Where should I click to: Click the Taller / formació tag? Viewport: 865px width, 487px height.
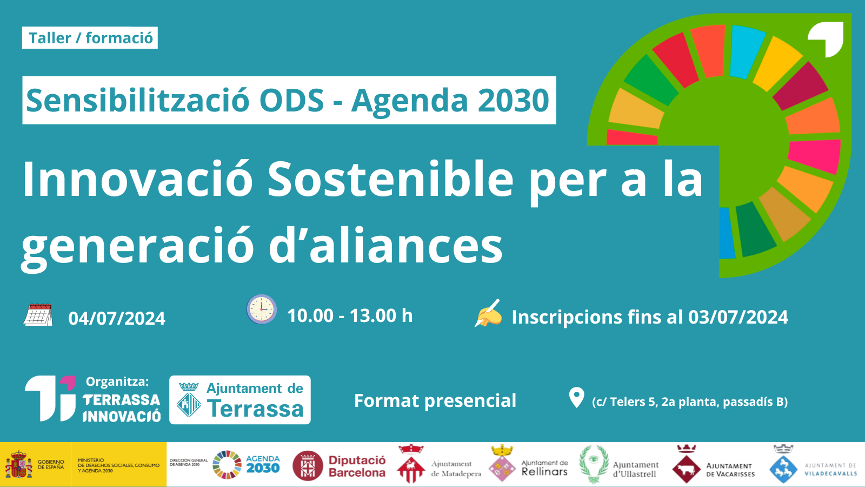click(x=90, y=38)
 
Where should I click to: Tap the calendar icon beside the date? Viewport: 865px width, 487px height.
click(x=38, y=315)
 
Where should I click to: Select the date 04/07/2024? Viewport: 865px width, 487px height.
click(x=117, y=319)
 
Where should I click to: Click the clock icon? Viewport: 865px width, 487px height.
click(x=262, y=309)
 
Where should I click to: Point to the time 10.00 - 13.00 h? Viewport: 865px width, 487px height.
click(x=350, y=316)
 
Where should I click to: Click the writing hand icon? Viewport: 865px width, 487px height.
click(x=488, y=313)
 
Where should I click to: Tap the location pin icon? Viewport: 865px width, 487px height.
click(x=576, y=398)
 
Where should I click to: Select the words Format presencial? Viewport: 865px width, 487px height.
click(x=435, y=401)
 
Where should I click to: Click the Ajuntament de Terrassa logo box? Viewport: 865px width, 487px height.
click(x=240, y=400)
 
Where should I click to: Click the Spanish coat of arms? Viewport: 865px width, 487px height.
click(x=18, y=464)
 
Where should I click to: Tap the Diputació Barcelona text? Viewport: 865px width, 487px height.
click(x=357, y=466)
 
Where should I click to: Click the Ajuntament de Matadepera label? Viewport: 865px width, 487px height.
click(x=456, y=469)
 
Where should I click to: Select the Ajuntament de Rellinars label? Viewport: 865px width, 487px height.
click(x=544, y=468)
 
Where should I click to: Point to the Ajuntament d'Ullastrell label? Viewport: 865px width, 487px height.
click(x=636, y=469)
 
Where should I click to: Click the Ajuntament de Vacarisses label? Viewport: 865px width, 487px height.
click(x=730, y=470)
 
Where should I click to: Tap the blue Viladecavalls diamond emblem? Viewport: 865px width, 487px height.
click(x=783, y=469)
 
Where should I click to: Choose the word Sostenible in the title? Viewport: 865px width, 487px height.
click(x=390, y=179)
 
